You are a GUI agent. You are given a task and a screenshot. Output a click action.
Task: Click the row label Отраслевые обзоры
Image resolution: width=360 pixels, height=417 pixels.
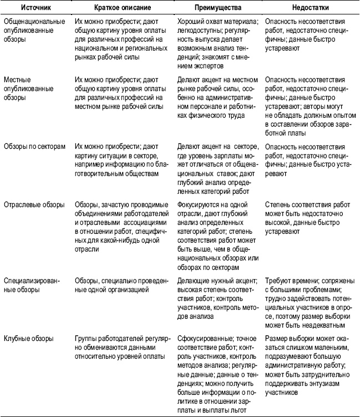(x=33, y=204)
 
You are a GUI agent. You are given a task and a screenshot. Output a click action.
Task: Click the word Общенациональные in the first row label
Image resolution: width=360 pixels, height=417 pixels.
(x=33, y=24)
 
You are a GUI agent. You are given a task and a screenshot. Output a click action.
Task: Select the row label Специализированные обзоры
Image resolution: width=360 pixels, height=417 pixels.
(x=34, y=280)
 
